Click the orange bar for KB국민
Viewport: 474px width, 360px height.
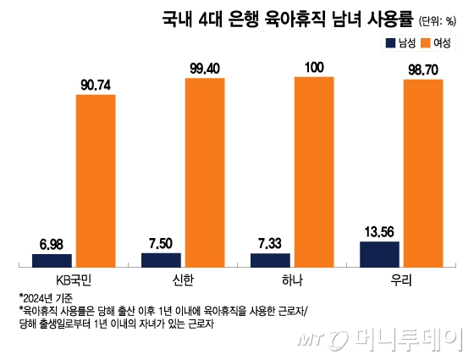[x=96, y=181]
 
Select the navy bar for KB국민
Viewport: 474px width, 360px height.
[x=52, y=260]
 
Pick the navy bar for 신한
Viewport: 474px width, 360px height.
[x=161, y=259]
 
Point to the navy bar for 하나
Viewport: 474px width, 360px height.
[x=270, y=259]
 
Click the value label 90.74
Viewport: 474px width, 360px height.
[x=97, y=84]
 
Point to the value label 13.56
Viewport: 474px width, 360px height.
[x=379, y=230]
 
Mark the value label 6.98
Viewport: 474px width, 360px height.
[x=52, y=243]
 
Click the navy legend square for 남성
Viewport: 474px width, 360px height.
[x=390, y=43]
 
